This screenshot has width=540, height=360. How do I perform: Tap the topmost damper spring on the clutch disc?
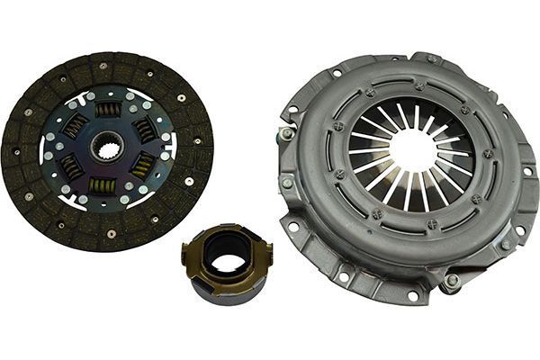click(109, 110)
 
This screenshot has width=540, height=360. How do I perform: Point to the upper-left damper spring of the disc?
click(76, 127)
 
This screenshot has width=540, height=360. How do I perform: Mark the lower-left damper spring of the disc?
click(71, 166)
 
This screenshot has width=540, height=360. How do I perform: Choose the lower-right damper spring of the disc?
click(141, 166)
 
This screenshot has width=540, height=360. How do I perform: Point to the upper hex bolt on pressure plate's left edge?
click(288, 133)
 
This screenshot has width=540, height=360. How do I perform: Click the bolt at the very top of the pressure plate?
click(432, 59)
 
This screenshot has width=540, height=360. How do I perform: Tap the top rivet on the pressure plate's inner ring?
click(419, 87)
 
